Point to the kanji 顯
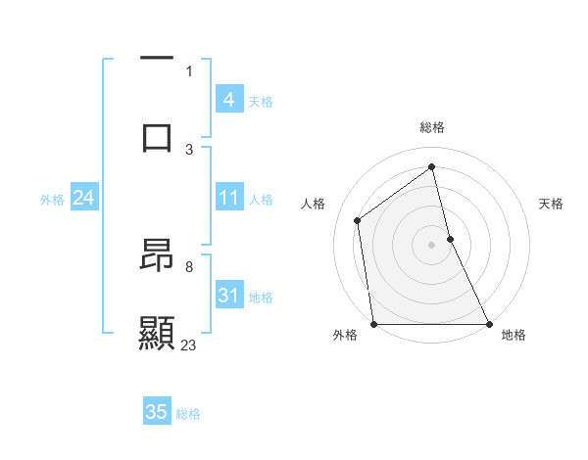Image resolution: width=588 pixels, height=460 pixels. [x=157, y=333]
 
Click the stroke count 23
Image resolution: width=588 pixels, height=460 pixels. [x=189, y=345]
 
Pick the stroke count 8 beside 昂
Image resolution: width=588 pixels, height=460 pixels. [x=189, y=266]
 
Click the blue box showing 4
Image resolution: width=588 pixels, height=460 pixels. [x=228, y=100]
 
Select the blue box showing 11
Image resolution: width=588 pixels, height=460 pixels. [x=228, y=199]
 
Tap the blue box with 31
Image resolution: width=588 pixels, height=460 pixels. [x=228, y=296]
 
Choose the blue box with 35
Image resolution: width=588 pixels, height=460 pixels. [x=157, y=412]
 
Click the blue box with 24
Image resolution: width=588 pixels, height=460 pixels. [x=83, y=199]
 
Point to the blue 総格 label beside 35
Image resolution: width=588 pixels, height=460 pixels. [x=188, y=414]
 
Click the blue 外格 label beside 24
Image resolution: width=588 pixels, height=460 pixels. [x=52, y=200]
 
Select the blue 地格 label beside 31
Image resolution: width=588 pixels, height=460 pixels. [x=261, y=298]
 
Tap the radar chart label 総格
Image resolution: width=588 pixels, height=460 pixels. [x=432, y=127]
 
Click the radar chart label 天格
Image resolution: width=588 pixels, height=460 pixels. [x=552, y=204]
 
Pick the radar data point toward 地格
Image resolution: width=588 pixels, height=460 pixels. [x=489, y=324]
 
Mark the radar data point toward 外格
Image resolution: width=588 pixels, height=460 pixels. [x=373, y=324]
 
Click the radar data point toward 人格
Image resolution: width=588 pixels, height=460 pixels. [x=358, y=220]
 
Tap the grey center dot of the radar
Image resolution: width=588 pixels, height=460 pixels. [x=431, y=244]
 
